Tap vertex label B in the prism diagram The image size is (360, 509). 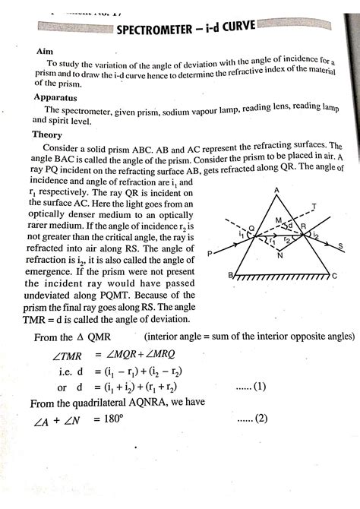point(229,280)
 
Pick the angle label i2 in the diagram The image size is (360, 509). point(315,235)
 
